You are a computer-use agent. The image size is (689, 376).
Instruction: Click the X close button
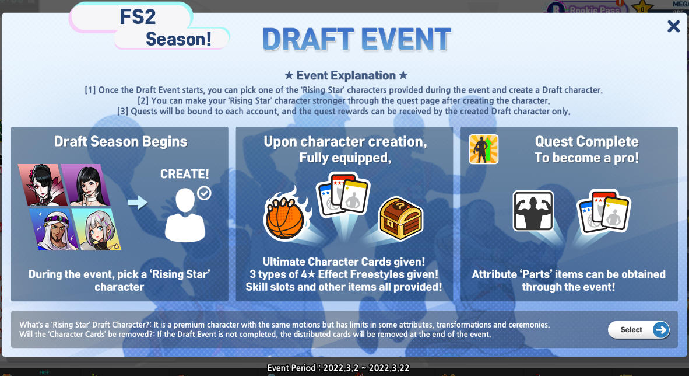pyautogui.click(x=673, y=26)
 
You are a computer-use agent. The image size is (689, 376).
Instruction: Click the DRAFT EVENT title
pyautogui.click(x=356, y=40)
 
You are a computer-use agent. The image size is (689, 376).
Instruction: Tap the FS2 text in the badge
pyautogui.click(x=138, y=17)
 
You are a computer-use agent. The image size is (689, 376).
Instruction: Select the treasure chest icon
pyautogui.click(x=400, y=218)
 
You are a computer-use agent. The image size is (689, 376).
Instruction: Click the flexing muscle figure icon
pyautogui.click(x=533, y=211)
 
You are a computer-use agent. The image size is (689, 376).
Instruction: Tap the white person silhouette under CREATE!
pyautogui.click(x=185, y=216)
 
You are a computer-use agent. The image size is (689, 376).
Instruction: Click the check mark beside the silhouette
pyautogui.click(x=204, y=193)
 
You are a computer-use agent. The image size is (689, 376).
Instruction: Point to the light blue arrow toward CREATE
pyautogui.click(x=138, y=203)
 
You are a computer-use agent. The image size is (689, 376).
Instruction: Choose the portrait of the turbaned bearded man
pyautogui.click(x=54, y=229)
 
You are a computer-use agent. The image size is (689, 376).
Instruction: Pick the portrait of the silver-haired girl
pyautogui.click(x=97, y=229)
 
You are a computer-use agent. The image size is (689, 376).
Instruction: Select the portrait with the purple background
pyautogui.click(x=86, y=185)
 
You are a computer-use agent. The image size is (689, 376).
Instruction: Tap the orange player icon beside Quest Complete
pyautogui.click(x=483, y=149)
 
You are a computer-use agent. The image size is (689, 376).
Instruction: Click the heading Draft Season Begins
pyautogui.click(x=121, y=141)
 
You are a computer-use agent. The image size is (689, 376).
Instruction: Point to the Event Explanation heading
pyautogui.click(x=346, y=75)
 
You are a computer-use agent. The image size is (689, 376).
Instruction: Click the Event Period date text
pyautogui.click(x=338, y=368)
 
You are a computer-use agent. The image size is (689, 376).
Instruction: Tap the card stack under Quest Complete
pyautogui.click(x=604, y=212)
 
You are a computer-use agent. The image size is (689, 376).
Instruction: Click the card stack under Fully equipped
pyautogui.click(x=343, y=194)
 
